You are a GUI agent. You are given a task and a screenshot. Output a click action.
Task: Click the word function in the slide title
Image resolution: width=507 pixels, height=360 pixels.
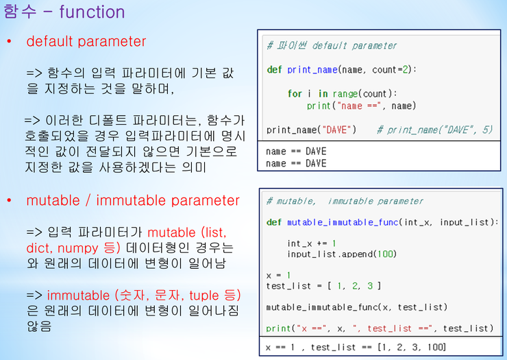pos(92,12)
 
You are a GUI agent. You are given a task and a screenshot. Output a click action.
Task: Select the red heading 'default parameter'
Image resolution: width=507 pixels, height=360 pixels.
pos(86,41)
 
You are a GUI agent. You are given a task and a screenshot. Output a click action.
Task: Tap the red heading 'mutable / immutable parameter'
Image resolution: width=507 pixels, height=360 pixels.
pos(133,200)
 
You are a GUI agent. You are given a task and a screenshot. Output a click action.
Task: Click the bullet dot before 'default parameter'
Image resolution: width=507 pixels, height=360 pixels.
pos(9,42)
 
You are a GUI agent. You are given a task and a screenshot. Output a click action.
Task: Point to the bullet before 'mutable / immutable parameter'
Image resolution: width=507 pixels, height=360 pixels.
pos(9,201)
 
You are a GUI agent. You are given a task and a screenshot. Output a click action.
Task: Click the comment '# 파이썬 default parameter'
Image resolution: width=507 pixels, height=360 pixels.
pos(332,46)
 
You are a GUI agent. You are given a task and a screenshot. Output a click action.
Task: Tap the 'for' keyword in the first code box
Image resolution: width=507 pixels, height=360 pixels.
pos(295,94)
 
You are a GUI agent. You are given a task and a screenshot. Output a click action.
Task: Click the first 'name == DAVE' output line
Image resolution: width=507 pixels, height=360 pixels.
pos(296,152)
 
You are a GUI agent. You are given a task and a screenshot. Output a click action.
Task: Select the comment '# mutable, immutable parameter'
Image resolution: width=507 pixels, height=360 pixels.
pos(345,202)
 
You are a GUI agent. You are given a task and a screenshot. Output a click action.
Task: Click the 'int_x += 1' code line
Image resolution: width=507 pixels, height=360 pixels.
pos(312,243)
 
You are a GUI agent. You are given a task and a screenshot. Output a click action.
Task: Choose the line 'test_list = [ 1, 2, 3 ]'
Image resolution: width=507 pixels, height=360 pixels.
pos(323,286)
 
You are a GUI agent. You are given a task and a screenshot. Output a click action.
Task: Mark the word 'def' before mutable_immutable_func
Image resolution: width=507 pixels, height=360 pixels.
pos(274,223)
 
